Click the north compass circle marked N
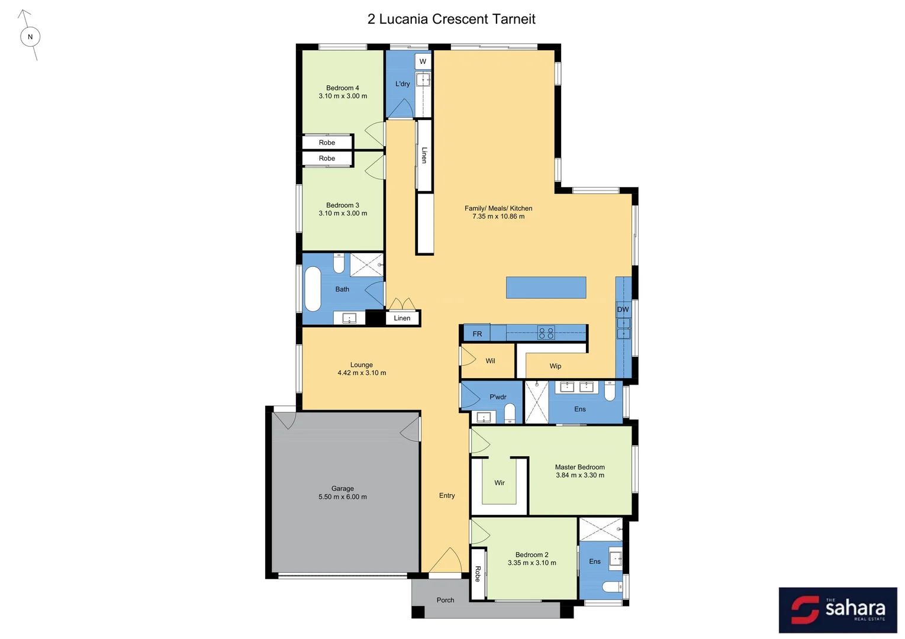[x=30, y=37]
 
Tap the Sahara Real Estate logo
[x=838, y=610]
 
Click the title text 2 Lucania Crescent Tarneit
[x=451, y=19]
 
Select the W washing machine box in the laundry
[x=423, y=61]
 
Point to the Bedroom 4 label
[x=343, y=88]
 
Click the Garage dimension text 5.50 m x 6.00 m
[x=343, y=497]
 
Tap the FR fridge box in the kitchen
[x=477, y=334]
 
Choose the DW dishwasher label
[x=623, y=309]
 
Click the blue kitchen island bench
[x=546, y=288]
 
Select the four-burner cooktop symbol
[x=546, y=333]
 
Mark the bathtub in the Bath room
[x=313, y=289]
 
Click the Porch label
[x=445, y=600]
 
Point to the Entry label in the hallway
[x=447, y=496]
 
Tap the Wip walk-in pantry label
[x=555, y=366]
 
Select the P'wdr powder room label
[x=498, y=397]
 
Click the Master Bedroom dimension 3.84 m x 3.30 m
[x=580, y=475]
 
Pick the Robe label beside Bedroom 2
[x=478, y=574]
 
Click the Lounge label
[x=362, y=365]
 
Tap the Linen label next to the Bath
[x=402, y=318]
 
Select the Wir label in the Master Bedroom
[x=500, y=483]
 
